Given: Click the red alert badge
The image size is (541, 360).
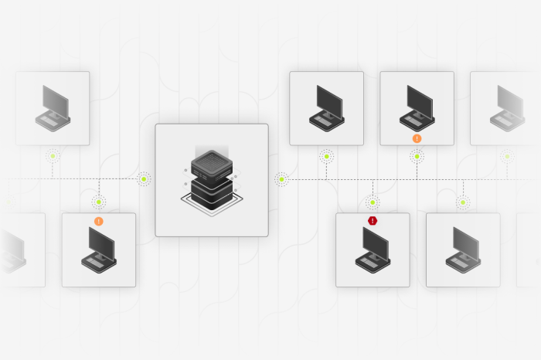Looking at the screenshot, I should pos(373,221).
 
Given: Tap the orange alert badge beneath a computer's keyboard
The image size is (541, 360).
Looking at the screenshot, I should pos(417,138).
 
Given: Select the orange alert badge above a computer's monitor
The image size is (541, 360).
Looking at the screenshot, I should pos(98,221).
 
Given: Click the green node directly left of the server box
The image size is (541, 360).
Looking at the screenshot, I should pos(145,179).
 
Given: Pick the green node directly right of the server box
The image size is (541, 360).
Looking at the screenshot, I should pos(281,179).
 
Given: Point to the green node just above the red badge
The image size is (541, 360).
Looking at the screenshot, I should pos(373,202).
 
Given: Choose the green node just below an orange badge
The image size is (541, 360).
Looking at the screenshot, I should pos(417,156).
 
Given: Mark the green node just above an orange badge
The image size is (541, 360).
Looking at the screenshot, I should pos(98,202).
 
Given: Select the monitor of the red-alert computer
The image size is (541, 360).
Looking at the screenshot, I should pos(376,243).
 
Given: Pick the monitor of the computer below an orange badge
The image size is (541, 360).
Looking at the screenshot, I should pos(102,243).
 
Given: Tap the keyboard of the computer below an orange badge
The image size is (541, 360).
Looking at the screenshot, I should pos(95,263).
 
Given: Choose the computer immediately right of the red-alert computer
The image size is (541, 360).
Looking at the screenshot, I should pos(463,250).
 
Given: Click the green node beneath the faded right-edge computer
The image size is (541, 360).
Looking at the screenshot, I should pos(507,156).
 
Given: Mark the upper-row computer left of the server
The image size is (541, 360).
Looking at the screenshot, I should pos(53,107).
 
